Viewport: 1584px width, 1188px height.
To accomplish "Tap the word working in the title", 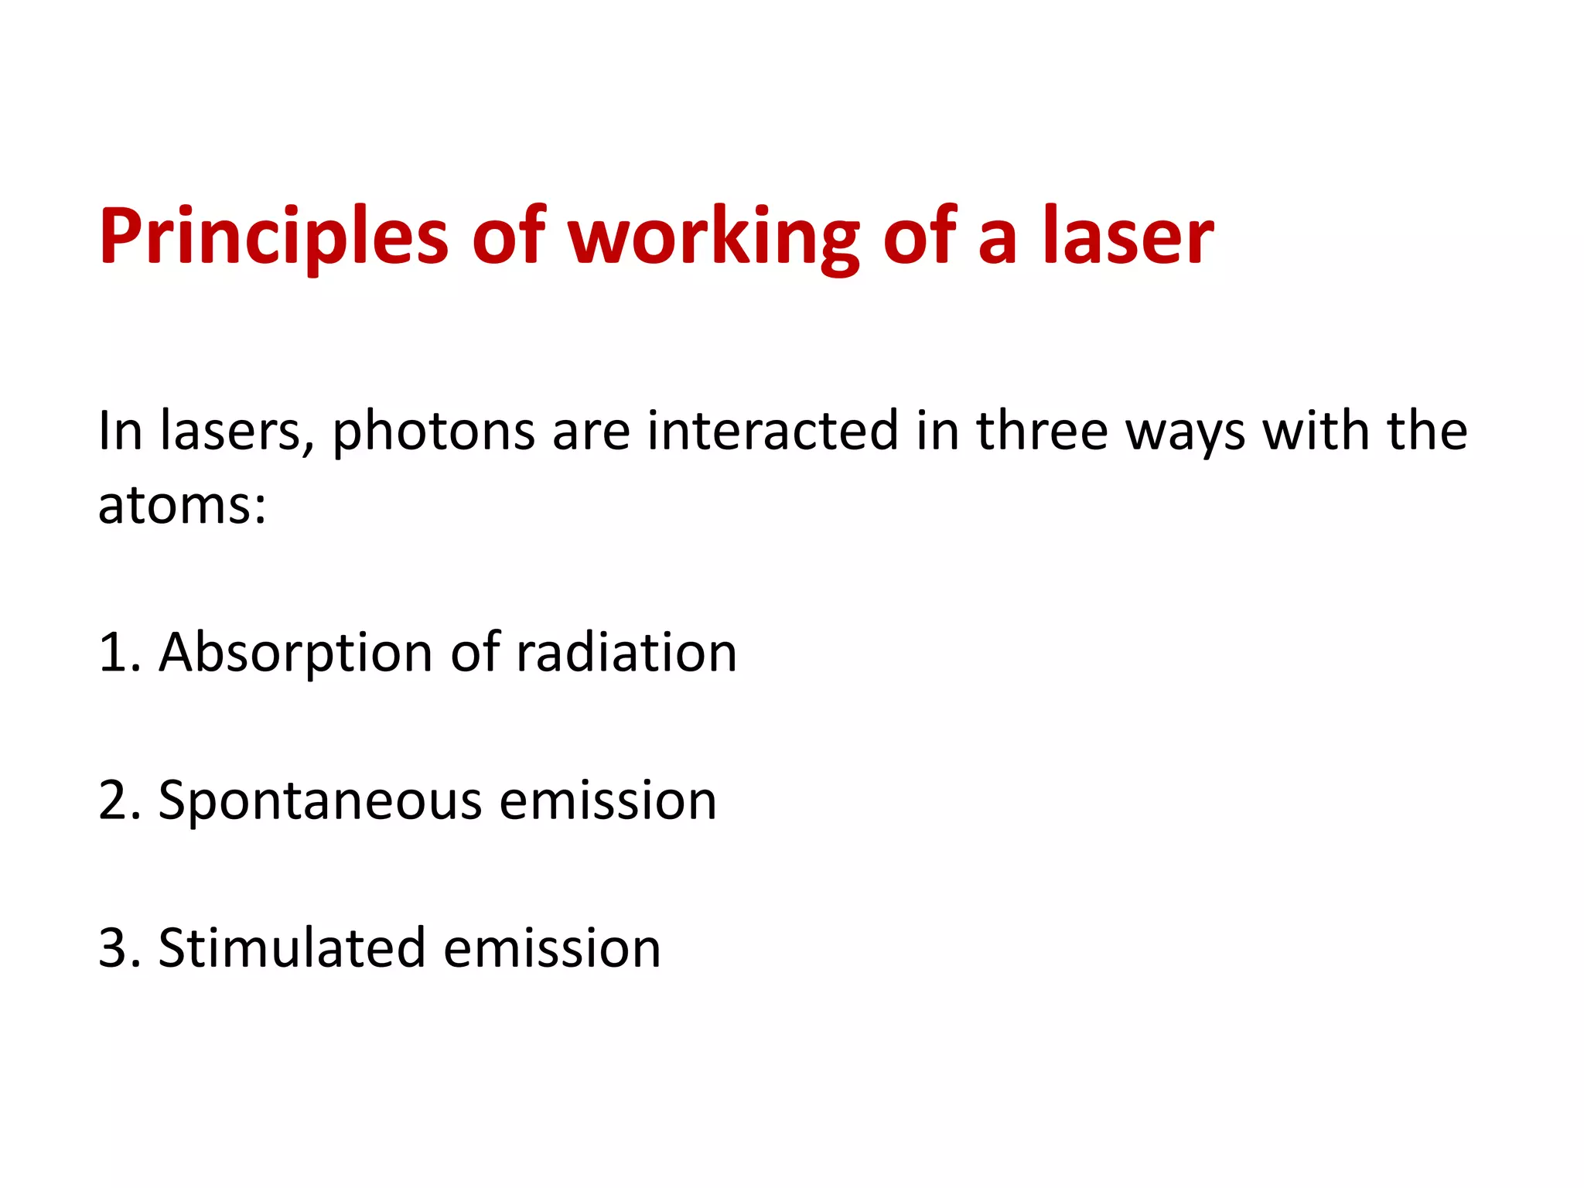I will coord(713,237).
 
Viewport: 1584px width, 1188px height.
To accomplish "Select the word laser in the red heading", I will coord(1128,237).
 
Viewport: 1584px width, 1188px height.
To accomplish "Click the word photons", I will coord(433,432).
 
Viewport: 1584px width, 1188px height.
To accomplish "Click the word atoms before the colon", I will coord(174,506).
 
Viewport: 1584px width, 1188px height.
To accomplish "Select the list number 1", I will coord(113,653).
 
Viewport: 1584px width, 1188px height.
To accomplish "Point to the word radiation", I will coord(626,653).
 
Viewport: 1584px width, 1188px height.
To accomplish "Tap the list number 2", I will coord(113,801).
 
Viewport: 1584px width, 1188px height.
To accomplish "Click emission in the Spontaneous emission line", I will coord(608,801).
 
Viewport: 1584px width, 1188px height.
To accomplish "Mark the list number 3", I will coord(113,948).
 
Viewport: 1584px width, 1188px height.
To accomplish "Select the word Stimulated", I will coord(292,948).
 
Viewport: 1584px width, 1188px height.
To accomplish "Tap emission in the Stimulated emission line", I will coord(552,948).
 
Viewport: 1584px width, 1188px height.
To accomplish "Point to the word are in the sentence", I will coord(591,432).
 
